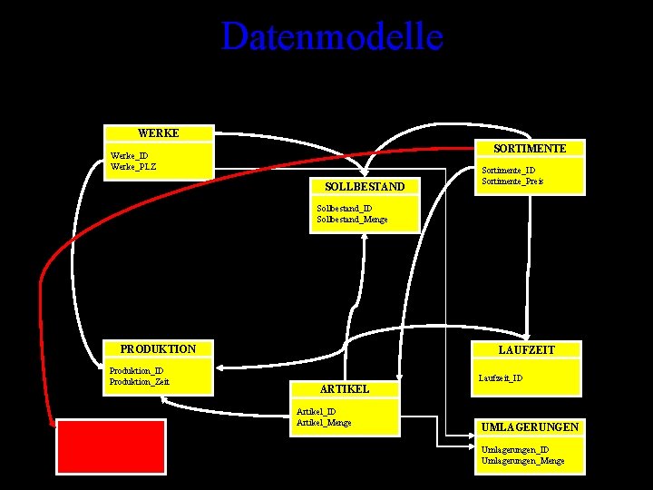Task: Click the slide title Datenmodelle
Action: [332, 37]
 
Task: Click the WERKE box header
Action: [159, 133]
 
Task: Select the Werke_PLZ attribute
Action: [132, 166]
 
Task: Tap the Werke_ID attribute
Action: [129, 155]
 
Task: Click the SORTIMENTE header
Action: [530, 148]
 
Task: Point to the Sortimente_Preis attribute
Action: [512, 181]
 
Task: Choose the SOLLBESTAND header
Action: [365, 187]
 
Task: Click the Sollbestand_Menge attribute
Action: [352, 220]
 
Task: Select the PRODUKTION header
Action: [158, 349]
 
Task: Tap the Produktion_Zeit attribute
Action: [139, 381]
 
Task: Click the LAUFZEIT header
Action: [526, 349]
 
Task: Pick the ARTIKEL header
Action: [345, 388]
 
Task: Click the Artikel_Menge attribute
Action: [324, 423]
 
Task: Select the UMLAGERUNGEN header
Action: [531, 426]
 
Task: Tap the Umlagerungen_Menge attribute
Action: [522, 461]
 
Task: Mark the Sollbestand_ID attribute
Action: [344, 209]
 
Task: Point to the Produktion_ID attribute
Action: [136, 370]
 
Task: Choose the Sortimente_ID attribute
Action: [508, 170]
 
